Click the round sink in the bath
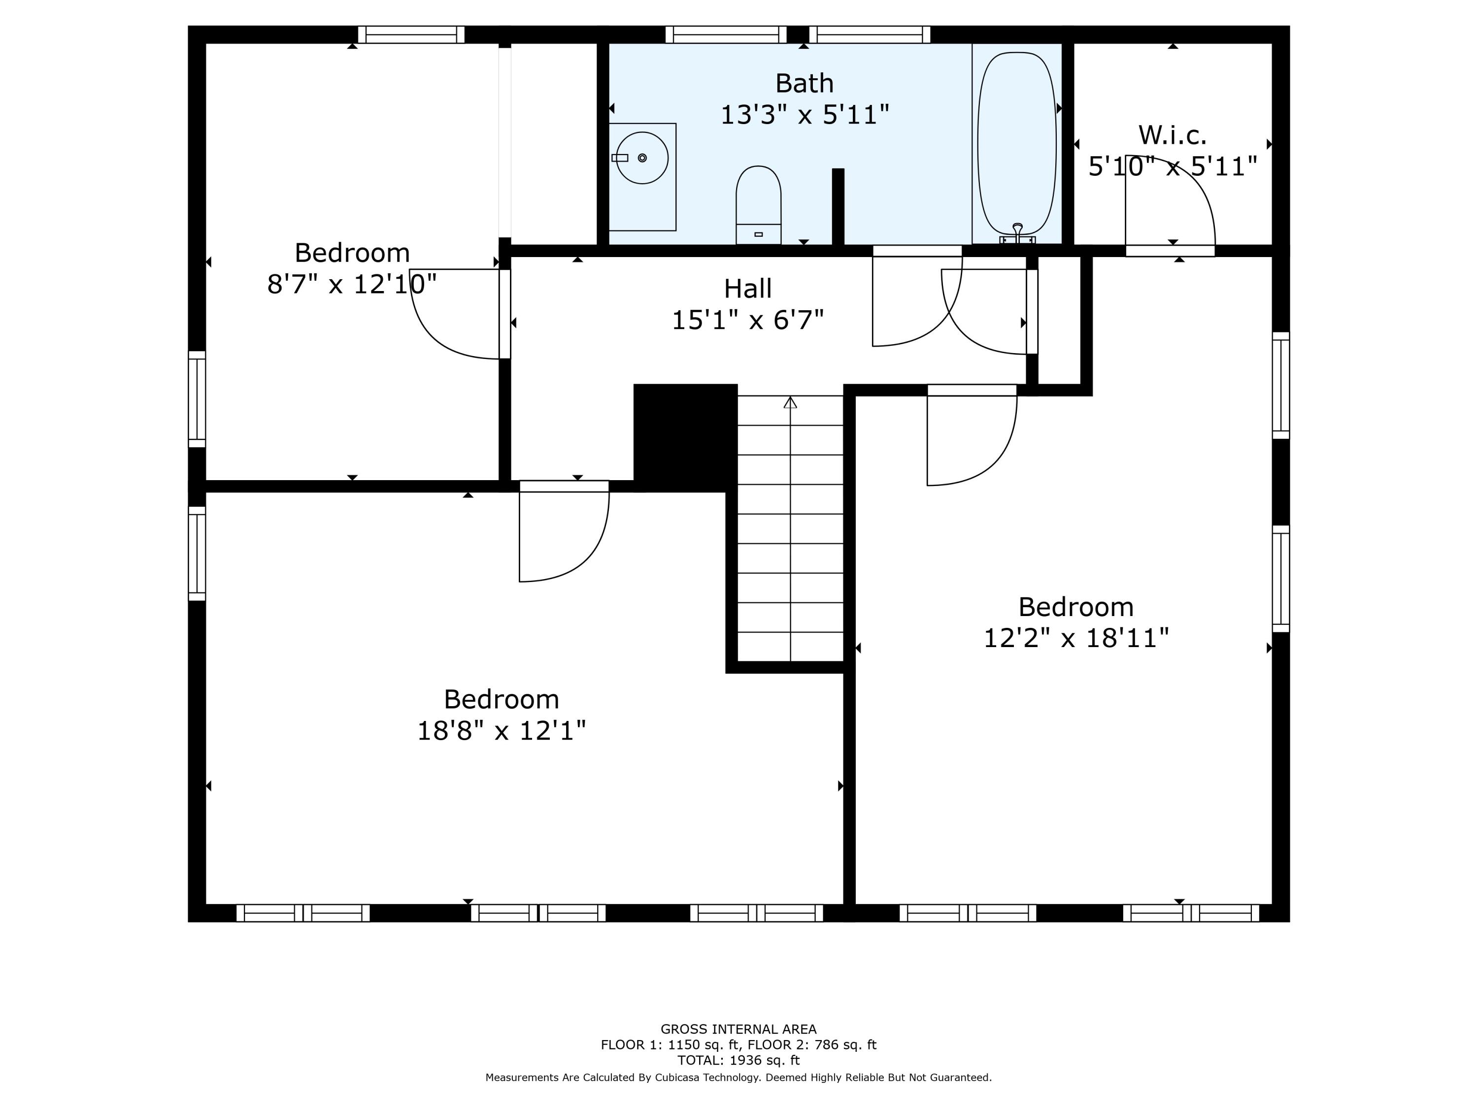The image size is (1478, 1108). [x=642, y=158]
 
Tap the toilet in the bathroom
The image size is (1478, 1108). [x=758, y=204]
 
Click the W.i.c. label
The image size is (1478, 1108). [x=1172, y=135]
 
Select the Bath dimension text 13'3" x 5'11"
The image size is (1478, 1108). [x=805, y=115]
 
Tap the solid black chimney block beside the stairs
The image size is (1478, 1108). [x=685, y=435]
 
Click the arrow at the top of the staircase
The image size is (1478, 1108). [x=790, y=403]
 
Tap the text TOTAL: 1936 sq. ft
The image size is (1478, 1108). [x=739, y=1060]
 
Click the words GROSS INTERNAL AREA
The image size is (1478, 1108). [x=739, y=1029]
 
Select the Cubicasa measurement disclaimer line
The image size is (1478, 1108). [x=739, y=1077]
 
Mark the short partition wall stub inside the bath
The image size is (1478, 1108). [x=838, y=207]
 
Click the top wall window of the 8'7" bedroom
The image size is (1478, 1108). [x=411, y=35]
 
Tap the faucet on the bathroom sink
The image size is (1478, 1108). [x=620, y=158]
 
